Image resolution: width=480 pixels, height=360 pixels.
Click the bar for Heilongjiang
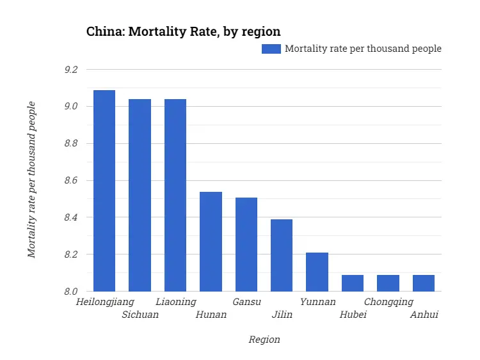104,191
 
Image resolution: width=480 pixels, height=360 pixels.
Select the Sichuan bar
140,195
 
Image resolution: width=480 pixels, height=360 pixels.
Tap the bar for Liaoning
175,195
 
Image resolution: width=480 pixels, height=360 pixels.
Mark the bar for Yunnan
317,272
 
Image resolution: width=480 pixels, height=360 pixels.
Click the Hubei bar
353,283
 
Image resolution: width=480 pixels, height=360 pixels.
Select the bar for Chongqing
388,283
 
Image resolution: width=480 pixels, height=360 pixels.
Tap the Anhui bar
424,283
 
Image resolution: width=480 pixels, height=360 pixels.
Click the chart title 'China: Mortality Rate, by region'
183,31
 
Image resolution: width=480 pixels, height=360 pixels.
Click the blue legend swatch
271,49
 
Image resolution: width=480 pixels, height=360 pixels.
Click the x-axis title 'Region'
264,340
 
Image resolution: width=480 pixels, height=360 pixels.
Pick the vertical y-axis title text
31,180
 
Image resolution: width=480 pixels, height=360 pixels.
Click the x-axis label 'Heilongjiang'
104,302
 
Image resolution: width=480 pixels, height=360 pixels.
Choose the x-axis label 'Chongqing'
388,302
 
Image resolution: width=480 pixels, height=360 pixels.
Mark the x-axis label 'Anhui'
424,315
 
